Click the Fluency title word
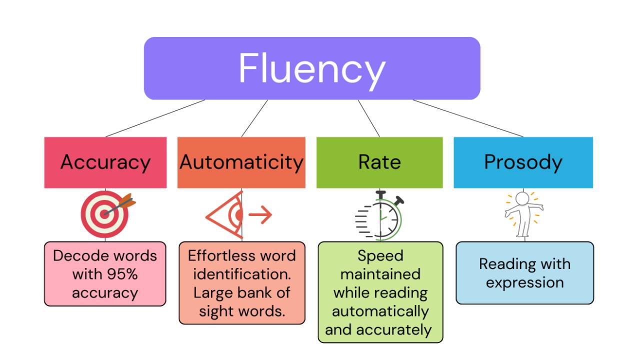(311, 68)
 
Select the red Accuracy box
(105, 162)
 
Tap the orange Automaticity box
(241, 162)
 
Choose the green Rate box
(379, 162)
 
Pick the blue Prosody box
(523, 162)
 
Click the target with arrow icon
(106, 214)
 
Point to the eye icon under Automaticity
(226, 215)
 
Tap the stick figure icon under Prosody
(523, 214)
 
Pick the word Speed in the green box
(380, 256)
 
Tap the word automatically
(380, 311)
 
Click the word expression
(525, 282)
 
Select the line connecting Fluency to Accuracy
(155, 118)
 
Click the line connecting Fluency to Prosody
(468, 118)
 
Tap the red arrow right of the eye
(260, 215)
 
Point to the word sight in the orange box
(215, 311)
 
